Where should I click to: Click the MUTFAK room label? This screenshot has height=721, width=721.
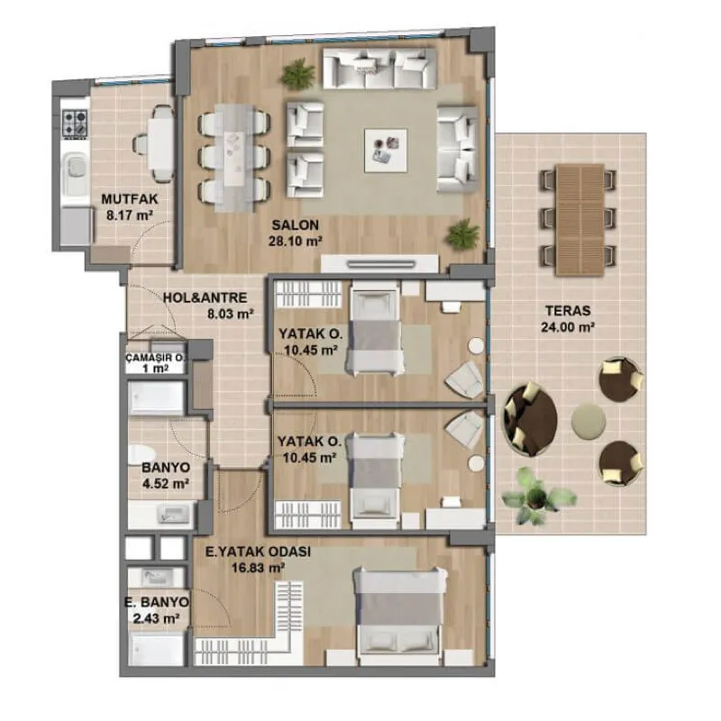tap(129, 199)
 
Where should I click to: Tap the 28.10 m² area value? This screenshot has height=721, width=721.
tap(295, 241)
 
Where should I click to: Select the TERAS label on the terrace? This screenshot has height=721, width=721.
tap(568, 310)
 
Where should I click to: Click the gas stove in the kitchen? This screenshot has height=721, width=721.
tap(75, 123)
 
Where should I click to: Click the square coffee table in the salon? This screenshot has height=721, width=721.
tap(386, 151)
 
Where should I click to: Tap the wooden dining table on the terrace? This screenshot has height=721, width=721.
tap(580, 220)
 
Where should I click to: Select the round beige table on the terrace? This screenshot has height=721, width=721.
tap(589, 420)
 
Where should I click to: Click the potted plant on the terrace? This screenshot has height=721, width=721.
tap(536, 495)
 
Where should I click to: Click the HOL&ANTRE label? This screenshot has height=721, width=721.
tap(205, 297)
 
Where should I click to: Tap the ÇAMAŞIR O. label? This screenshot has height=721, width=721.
tap(155, 358)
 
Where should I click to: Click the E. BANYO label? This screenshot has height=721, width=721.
tap(157, 602)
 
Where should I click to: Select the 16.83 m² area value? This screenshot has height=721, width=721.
tap(257, 569)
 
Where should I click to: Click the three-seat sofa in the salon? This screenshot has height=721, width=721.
tap(379, 68)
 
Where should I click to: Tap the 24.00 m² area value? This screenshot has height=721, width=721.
tap(568, 327)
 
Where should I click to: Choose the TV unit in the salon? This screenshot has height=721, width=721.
tap(379, 264)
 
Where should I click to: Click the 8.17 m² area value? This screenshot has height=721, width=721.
tap(129, 215)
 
